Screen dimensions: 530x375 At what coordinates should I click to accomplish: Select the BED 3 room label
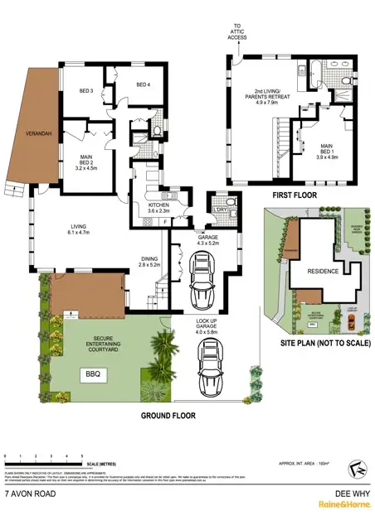pos(86,91)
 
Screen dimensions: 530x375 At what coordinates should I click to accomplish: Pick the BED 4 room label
pos(144,84)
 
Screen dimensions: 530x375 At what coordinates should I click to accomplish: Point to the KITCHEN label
pos(159,207)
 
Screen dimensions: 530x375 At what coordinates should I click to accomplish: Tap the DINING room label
pos(149,261)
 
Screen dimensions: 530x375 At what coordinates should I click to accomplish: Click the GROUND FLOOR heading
pos(167,416)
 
